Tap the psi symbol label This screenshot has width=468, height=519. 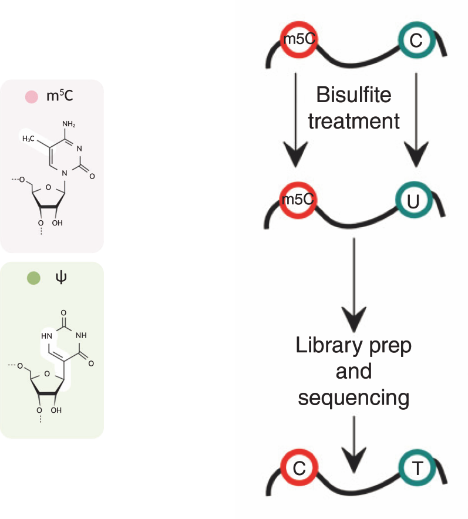coord(62,278)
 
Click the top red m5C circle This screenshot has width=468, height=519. coord(298,41)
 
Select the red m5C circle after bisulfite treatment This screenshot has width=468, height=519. coord(298,201)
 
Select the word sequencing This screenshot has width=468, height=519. coord(353,397)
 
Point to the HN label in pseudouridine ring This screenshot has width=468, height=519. coord(47,335)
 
